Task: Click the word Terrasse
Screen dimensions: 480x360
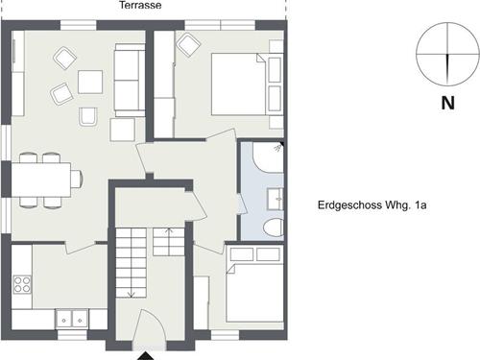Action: click(x=140, y=5)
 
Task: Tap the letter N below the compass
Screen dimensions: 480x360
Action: click(x=447, y=103)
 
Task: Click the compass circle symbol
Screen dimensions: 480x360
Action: click(x=447, y=54)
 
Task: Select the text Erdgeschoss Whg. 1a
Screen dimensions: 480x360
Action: click(x=372, y=205)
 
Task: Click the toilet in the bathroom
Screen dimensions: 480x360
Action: click(x=274, y=228)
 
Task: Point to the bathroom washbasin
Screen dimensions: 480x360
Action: click(x=276, y=199)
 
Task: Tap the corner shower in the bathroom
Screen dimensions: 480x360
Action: click(x=268, y=156)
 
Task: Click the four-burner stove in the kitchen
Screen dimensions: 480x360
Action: click(x=22, y=285)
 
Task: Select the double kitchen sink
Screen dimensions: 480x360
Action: click(x=72, y=319)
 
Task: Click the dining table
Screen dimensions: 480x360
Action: click(x=41, y=180)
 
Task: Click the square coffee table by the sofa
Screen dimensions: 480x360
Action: click(x=90, y=82)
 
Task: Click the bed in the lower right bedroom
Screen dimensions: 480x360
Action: click(x=254, y=293)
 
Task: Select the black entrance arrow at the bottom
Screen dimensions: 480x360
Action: click(x=146, y=356)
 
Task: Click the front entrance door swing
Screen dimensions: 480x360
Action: click(x=149, y=327)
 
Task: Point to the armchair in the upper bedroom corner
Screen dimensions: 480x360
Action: click(x=189, y=45)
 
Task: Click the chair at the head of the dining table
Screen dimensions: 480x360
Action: click(x=77, y=179)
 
